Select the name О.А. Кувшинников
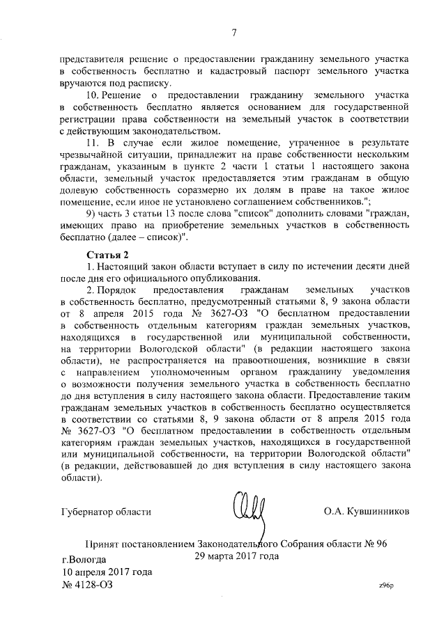[366, 511]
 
